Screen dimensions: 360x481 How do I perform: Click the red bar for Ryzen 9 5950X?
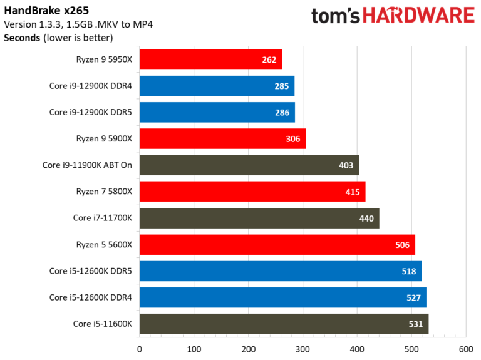coord(210,59)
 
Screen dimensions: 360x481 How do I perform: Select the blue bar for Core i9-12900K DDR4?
coord(217,86)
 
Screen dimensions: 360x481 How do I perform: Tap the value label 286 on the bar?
coord(282,113)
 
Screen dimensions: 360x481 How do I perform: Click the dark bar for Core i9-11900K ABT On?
coord(249,165)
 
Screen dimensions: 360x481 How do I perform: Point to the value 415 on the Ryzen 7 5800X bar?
coord(352,192)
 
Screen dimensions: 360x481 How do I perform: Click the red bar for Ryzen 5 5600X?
coord(277,245)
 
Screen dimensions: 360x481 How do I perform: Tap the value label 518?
coord(408,271)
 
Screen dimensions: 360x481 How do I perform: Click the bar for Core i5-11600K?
coord(284,324)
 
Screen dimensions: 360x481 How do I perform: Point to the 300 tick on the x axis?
coord(303,349)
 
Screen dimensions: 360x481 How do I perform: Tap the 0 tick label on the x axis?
coord(139,349)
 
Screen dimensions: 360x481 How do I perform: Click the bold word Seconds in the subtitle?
coord(22,38)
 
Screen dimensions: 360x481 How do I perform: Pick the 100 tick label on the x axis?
coord(194,349)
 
